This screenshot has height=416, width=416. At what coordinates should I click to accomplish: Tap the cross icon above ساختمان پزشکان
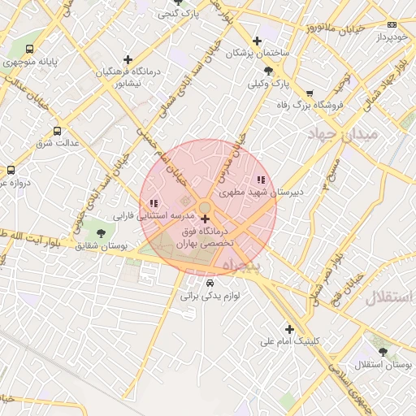point(257,41)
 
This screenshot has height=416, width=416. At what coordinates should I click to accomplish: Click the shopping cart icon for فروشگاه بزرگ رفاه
point(308,93)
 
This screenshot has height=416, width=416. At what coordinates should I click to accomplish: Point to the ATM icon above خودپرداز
point(392,25)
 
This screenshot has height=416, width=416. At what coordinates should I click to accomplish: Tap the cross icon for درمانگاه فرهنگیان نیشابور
point(127,58)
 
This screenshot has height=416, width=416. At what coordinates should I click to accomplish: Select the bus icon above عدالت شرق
point(57,130)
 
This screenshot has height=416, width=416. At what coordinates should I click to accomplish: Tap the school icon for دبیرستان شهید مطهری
point(260,180)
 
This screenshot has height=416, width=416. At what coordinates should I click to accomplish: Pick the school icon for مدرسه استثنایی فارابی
point(153,203)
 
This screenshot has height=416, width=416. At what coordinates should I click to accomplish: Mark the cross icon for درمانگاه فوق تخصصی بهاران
point(204,219)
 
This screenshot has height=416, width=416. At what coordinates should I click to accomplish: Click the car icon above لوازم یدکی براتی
point(210,283)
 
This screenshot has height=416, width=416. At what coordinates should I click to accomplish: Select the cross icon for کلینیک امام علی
point(289,328)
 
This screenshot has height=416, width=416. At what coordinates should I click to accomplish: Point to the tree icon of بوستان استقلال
point(383,352)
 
